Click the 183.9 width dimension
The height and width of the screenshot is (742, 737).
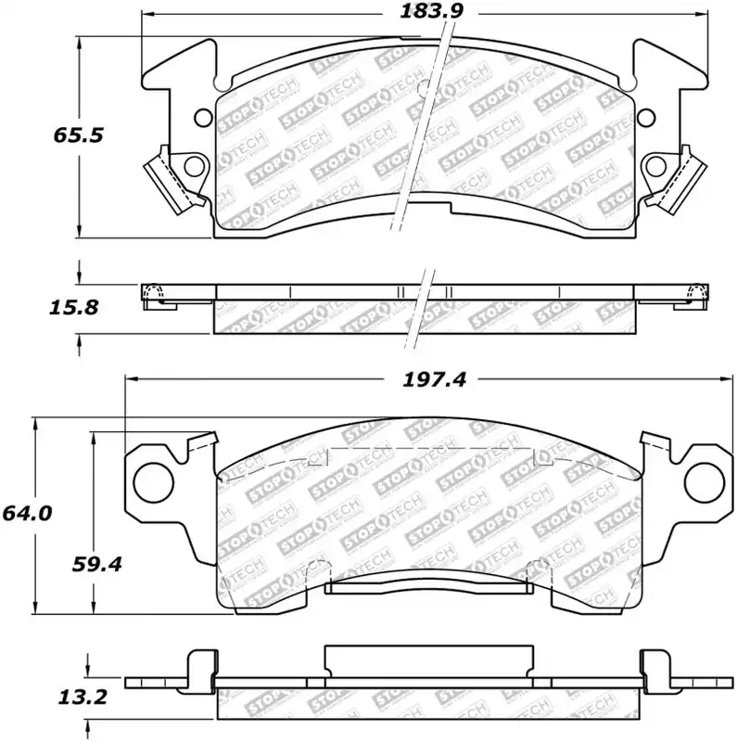click(431, 11)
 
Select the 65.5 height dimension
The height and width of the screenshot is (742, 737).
click(78, 135)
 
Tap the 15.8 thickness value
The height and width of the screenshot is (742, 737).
click(73, 308)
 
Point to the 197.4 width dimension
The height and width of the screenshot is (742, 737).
click(434, 379)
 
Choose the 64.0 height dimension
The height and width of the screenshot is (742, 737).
click(27, 514)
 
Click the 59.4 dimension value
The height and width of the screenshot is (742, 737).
click(97, 564)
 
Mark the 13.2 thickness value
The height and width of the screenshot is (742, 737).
click(83, 697)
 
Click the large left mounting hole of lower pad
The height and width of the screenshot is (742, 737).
click(154, 482)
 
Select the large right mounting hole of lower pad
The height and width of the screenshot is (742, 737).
click(704, 482)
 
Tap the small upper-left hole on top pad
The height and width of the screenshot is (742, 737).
click(204, 118)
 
